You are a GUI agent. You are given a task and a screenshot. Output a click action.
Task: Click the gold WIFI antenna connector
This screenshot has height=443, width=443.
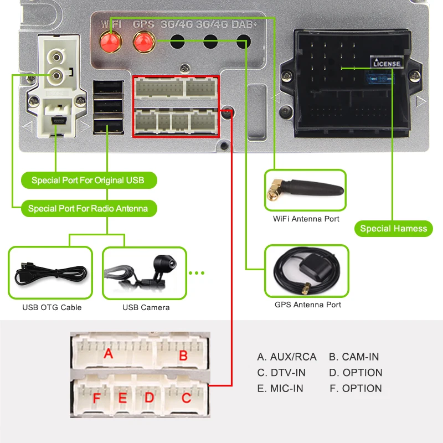tap(111, 40)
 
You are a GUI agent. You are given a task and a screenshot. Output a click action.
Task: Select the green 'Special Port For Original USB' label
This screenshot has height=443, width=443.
tap(87, 181)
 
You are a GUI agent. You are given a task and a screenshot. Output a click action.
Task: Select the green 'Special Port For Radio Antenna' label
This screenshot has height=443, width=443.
tap(88, 209)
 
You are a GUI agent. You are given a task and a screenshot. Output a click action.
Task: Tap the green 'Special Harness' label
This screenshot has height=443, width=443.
tap(393, 229)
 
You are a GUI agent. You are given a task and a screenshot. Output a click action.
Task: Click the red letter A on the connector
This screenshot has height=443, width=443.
tap(109, 353)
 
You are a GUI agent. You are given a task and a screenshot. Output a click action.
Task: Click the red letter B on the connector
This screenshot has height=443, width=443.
tap(183, 356)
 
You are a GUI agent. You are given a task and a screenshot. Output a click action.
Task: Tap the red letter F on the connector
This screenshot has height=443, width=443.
tap(97, 398)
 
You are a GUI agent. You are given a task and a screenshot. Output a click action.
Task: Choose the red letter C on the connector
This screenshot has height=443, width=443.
tap(187, 398)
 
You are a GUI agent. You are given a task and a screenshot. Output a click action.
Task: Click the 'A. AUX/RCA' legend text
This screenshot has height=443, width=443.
tap(287, 357)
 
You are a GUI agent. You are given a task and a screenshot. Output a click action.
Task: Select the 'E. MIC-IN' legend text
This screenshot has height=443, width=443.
tap(280, 389)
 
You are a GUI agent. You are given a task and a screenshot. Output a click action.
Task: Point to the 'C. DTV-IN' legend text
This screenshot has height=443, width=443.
tap(281, 373)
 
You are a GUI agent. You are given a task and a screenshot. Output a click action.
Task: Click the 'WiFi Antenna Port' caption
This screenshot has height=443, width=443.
tap(306, 219)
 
